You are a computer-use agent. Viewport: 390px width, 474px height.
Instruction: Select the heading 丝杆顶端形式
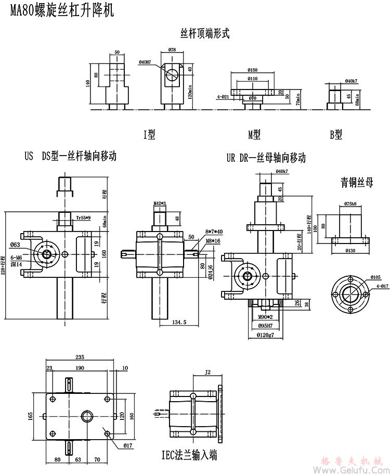(205, 34)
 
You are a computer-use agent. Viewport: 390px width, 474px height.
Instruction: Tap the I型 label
(149, 134)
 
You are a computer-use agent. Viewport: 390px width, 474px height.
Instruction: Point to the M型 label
(254, 134)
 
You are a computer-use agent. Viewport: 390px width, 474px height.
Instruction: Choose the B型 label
(336, 134)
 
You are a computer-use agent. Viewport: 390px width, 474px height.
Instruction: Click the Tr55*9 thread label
(83, 217)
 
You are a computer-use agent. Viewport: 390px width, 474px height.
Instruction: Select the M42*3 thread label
(159, 203)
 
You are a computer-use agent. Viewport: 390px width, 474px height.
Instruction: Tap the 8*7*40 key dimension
(214, 232)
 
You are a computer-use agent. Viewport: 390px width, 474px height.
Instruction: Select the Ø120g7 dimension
(266, 335)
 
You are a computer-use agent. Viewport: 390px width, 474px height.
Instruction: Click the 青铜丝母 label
(357, 182)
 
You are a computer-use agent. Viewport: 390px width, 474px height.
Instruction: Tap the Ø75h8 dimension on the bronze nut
(350, 204)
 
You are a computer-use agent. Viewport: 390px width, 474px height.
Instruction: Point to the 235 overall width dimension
(80, 357)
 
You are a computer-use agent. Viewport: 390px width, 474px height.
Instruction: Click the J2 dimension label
(208, 372)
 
